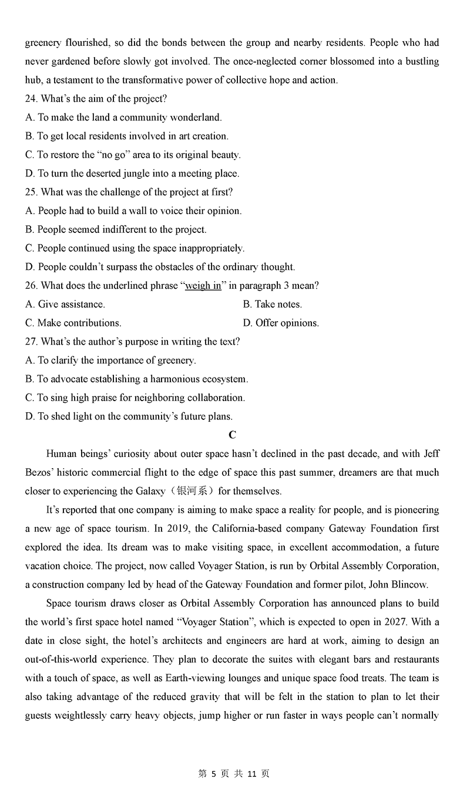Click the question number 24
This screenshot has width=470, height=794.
pos(31,99)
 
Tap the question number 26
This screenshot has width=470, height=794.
pos(31,285)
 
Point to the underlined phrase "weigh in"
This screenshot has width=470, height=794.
pos(203,285)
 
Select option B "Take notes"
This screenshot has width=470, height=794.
pos(272,304)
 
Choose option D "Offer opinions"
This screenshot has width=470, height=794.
pos(281,323)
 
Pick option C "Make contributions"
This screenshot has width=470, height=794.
pos(73,323)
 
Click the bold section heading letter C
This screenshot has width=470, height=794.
pos(232,435)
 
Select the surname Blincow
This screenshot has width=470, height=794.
pos(409,585)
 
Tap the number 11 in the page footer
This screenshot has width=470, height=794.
pos(251,774)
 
